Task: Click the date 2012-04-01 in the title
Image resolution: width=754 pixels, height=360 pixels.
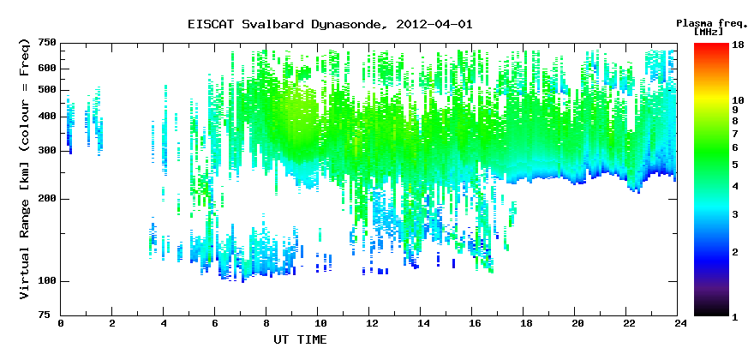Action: (x=434, y=24)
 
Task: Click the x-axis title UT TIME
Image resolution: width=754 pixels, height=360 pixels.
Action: (x=300, y=339)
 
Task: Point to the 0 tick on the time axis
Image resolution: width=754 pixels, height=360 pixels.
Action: (x=61, y=323)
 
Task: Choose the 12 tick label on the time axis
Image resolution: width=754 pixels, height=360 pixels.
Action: (x=368, y=323)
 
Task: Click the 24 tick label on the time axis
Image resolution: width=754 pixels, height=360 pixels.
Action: (x=678, y=323)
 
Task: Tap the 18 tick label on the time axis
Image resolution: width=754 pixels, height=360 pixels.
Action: (x=524, y=323)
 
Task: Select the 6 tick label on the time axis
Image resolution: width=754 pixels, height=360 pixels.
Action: (x=215, y=323)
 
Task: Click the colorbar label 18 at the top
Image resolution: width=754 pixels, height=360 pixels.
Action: (x=738, y=45)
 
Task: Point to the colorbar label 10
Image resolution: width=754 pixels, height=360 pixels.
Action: (x=738, y=100)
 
